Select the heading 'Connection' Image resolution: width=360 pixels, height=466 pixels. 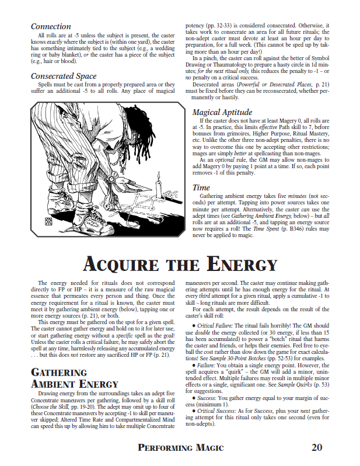(51, 27)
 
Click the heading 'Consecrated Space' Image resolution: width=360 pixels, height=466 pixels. (64, 76)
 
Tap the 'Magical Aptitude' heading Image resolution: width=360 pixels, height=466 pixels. (222, 112)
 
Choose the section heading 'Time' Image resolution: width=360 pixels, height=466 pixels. (201, 187)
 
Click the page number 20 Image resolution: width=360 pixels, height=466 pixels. (317, 448)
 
